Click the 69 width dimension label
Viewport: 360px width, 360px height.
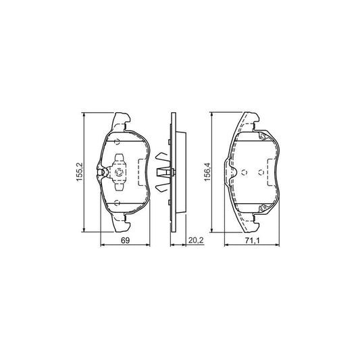click(125, 240)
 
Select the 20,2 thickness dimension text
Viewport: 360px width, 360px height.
click(195, 240)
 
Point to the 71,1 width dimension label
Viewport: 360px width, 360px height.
click(253, 240)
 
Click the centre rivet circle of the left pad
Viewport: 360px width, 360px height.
click(119, 172)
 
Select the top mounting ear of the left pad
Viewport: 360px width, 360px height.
click(122, 122)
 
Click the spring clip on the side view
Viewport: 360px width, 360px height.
click(163, 172)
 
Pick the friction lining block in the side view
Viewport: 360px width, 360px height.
click(179, 172)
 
